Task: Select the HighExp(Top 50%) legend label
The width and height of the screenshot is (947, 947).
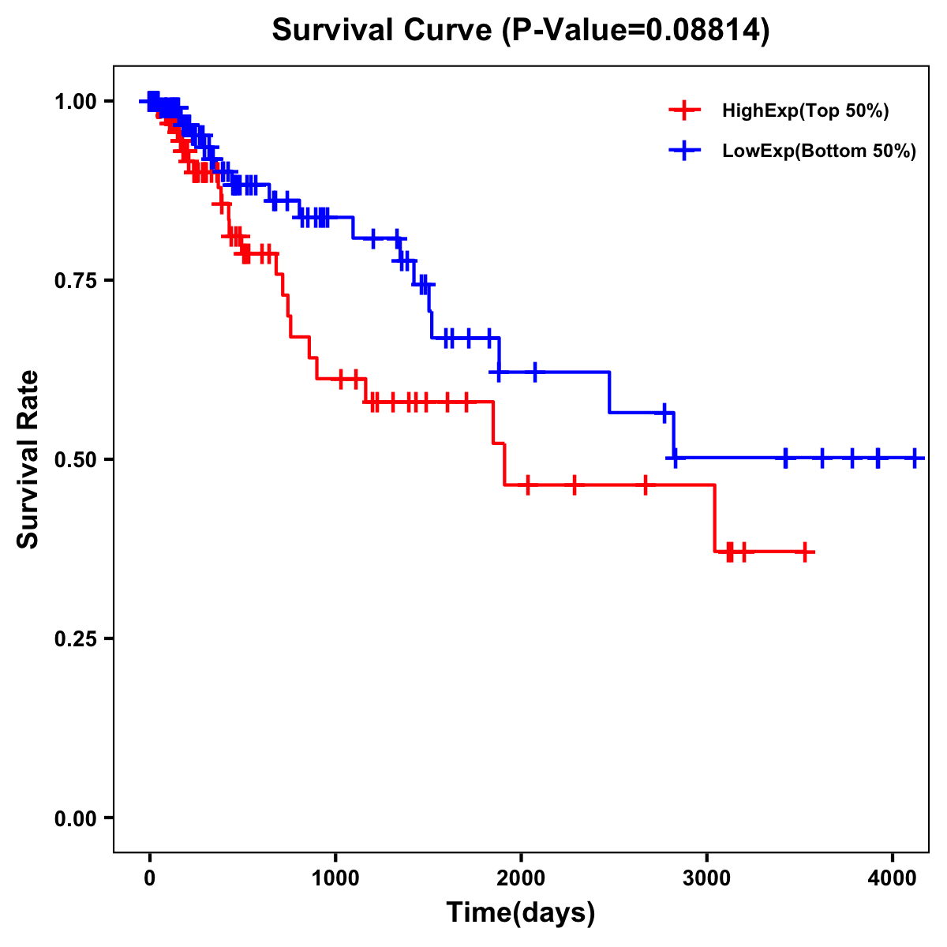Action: (805, 111)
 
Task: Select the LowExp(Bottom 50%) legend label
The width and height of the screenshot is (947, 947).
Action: (819, 152)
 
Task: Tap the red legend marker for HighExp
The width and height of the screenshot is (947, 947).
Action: (684, 111)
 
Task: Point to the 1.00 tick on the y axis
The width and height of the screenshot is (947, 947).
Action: (75, 102)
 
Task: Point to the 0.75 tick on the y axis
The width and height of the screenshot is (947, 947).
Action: (75, 281)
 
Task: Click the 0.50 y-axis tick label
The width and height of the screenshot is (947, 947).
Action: (75, 460)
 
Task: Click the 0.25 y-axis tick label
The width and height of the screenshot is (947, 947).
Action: (75, 639)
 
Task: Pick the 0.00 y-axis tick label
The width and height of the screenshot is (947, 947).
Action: (75, 818)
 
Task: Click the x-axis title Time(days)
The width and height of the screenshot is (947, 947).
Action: (521, 913)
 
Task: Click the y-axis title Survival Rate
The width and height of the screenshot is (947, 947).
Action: (28, 459)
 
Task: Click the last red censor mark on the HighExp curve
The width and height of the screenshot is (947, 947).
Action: (804, 552)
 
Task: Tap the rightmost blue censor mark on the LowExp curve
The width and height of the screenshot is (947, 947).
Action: (915, 458)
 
